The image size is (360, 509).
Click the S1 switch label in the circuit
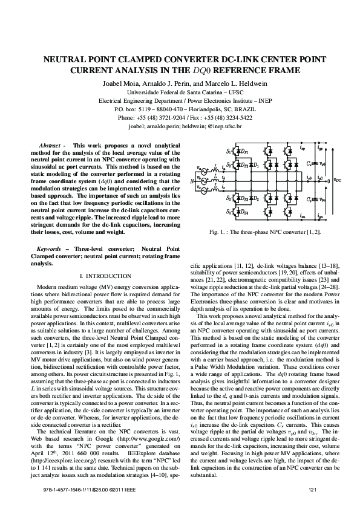[x=228, y=132]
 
